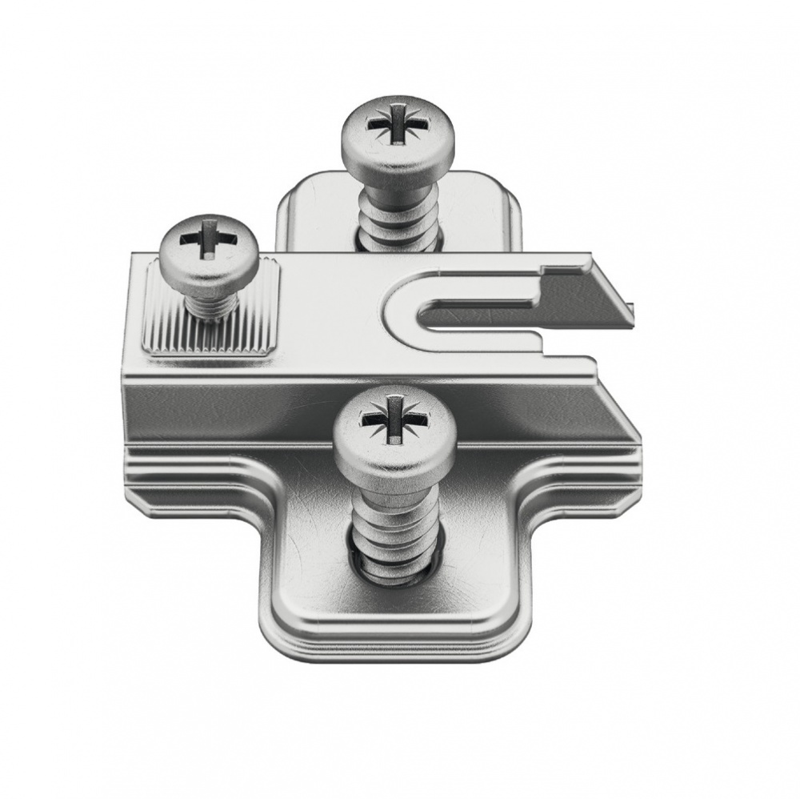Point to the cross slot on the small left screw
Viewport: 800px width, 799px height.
click(207, 237)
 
